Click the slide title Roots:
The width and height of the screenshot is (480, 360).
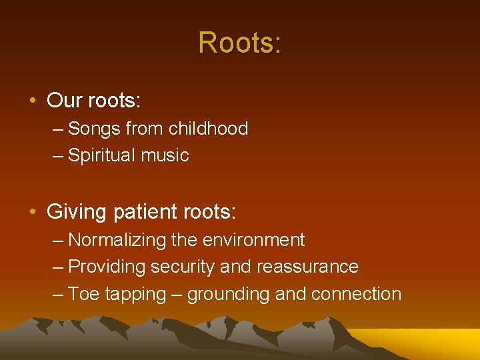(x=240, y=43)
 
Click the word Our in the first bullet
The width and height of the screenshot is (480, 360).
(x=64, y=101)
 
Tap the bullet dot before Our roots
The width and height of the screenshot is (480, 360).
(x=32, y=101)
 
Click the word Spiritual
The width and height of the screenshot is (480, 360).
(x=100, y=156)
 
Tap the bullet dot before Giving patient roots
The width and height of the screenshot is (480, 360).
(x=32, y=213)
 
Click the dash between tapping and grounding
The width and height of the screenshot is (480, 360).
(x=177, y=295)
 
